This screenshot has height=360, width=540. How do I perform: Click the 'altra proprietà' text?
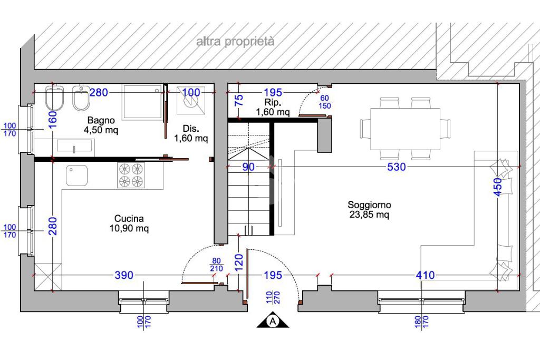(236, 42)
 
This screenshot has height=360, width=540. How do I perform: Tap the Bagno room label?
(101, 125)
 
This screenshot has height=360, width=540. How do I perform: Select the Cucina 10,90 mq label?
(129, 223)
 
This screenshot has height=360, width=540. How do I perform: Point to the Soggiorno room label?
(369, 210)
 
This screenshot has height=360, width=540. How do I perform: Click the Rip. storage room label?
(273, 107)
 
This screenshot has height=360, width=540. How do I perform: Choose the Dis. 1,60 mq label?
(191, 133)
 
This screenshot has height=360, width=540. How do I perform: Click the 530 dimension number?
(397, 167)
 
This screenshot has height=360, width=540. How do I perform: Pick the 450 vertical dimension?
(498, 187)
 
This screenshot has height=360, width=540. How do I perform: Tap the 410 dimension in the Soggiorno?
(425, 275)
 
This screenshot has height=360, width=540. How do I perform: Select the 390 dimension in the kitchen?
(123, 275)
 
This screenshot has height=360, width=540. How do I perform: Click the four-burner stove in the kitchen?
(131, 175)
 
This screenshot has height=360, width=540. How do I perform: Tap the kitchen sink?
(76, 175)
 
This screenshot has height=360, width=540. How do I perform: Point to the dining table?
(406, 129)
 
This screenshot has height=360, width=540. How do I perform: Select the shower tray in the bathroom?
(142, 102)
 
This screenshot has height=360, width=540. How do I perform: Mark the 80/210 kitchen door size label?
(216, 265)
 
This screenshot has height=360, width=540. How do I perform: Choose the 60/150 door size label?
(325, 102)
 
